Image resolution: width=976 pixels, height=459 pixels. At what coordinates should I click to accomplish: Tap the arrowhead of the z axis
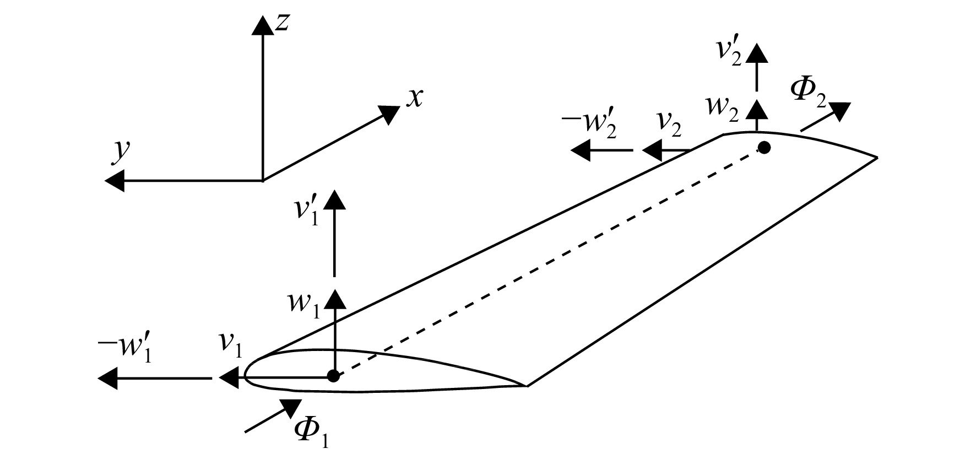tap(262, 25)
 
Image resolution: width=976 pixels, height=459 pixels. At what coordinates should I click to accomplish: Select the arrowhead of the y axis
tap(115, 181)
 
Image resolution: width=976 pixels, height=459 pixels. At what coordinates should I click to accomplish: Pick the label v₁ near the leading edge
tap(231, 350)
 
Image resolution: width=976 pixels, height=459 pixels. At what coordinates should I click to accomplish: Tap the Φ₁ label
tap(312, 433)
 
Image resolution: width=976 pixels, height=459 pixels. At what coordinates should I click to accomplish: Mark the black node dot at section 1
tap(333, 376)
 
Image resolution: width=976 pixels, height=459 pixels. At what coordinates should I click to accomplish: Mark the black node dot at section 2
tap(764, 147)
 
